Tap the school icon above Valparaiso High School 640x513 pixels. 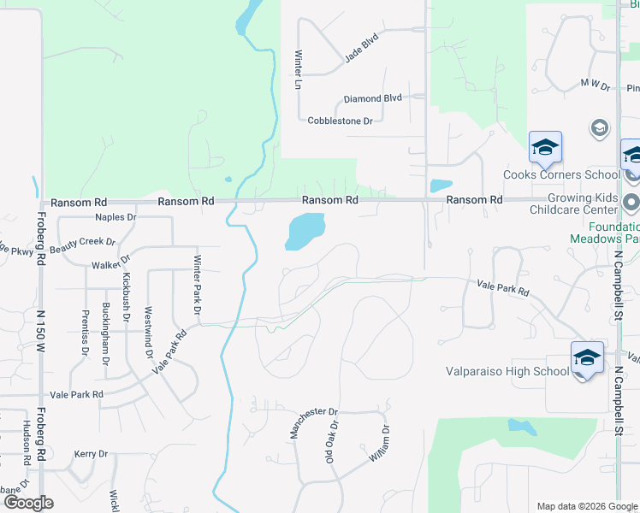588,358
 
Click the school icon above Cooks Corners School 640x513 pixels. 545,148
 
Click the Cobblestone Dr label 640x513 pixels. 340,121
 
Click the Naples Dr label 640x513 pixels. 116,217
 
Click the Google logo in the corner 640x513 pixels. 29,503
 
